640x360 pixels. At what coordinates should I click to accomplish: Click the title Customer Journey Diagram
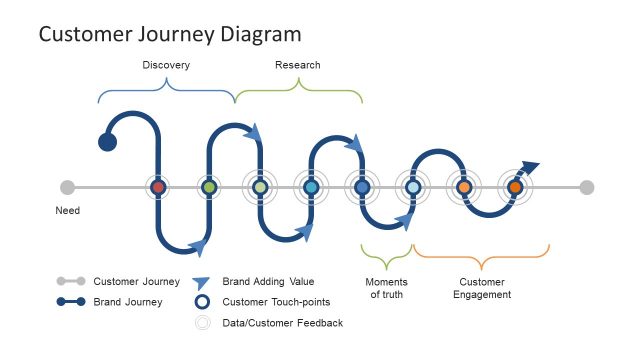click(x=169, y=35)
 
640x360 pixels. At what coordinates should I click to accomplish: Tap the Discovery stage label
click(x=166, y=65)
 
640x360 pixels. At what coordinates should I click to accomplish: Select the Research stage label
click(x=298, y=65)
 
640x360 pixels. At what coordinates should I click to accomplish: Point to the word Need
click(x=67, y=211)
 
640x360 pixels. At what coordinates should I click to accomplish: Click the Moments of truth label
click(x=386, y=288)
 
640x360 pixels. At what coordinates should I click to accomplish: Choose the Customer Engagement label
click(x=482, y=288)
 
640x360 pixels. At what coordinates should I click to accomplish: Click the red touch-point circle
click(x=157, y=187)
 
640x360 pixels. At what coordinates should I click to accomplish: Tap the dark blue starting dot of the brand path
click(x=107, y=141)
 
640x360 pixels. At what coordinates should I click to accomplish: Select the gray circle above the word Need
click(x=67, y=187)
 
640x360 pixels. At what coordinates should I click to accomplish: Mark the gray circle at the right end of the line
click(x=587, y=187)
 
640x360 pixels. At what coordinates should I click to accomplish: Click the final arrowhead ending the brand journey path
click(x=530, y=167)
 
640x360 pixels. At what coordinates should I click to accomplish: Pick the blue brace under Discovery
click(x=166, y=93)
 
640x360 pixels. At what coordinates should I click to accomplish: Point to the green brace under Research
click(x=298, y=93)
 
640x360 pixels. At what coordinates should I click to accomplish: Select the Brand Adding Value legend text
click(x=268, y=282)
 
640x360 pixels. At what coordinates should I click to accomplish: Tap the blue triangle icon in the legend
click(x=203, y=283)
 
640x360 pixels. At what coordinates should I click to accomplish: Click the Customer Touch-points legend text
click(x=276, y=302)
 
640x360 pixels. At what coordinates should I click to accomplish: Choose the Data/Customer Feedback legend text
click(x=282, y=323)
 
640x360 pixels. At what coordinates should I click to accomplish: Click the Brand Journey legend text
click(x=128, y=302)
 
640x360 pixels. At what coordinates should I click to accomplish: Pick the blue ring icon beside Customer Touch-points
click(x=203, y=302)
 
